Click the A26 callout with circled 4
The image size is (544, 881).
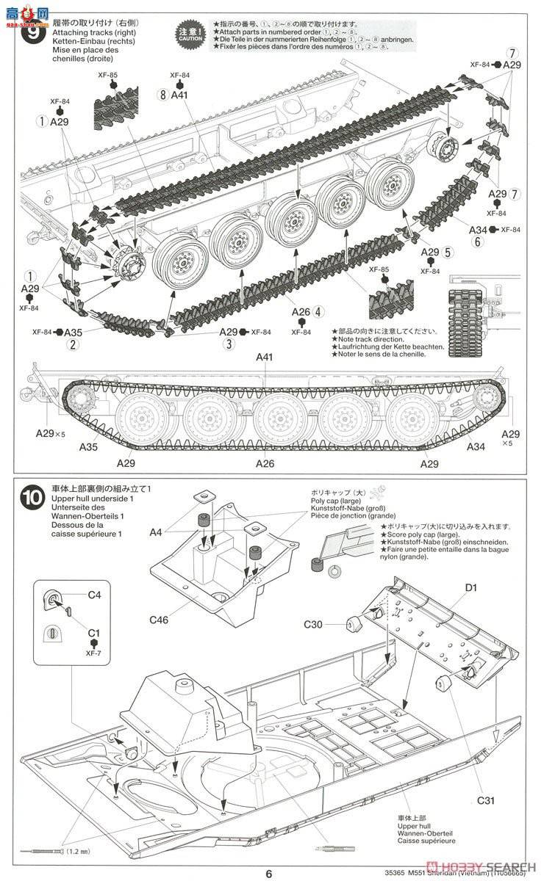coord(307,311)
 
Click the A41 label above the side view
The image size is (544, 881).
coord(265,358)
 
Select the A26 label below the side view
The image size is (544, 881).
coord(265,464)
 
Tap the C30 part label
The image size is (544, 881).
coord(315,625)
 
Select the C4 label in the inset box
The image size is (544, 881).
coord(94,595)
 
